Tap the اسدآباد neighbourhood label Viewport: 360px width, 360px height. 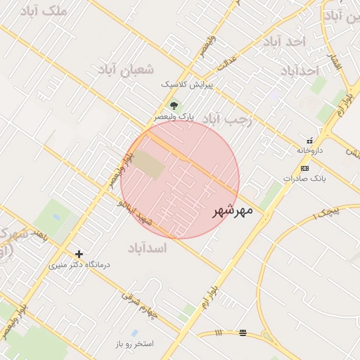148,247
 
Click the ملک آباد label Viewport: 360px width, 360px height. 44,11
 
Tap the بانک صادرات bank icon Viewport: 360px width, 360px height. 304,168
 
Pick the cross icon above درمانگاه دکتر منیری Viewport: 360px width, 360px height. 79,254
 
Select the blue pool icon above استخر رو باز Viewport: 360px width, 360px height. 134,333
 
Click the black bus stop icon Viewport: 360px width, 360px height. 243,333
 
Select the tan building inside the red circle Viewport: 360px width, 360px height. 148,163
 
